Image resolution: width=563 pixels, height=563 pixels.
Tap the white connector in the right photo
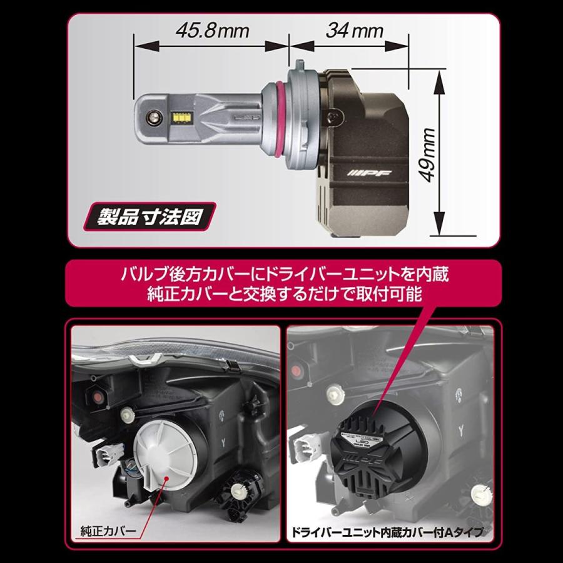click(312, 437)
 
